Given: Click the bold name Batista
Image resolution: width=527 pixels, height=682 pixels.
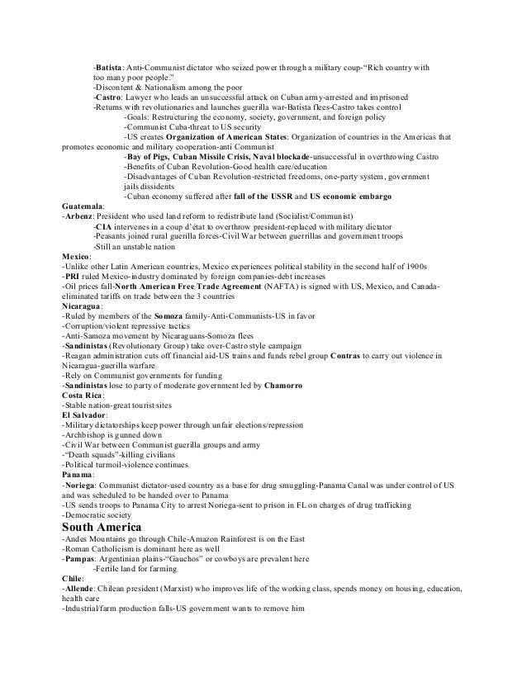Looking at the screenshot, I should pyautogui.click(x=109, y=66).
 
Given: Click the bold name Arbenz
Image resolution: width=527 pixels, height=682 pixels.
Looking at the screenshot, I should pyautogui.click(x=80, y=215).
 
